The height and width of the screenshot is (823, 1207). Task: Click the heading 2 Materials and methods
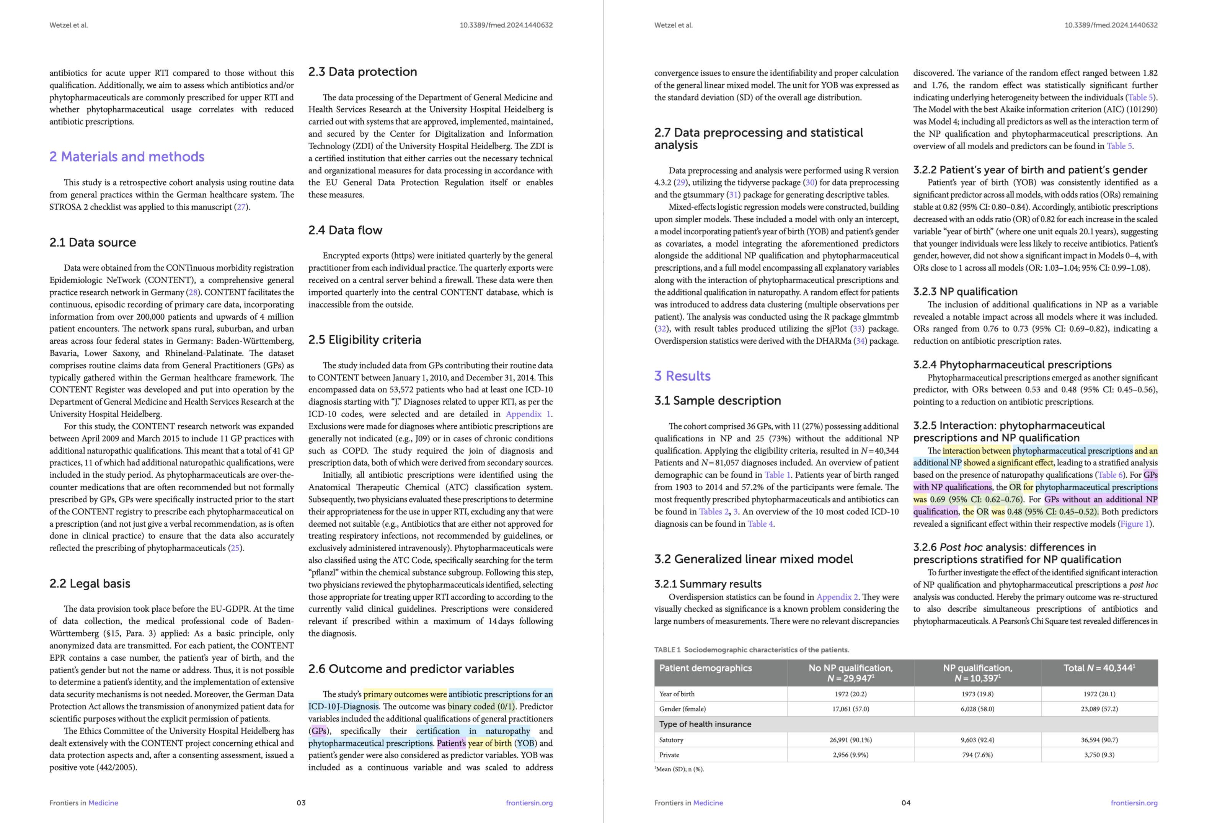point(127,157)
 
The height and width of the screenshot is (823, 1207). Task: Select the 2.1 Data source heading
point(93,243)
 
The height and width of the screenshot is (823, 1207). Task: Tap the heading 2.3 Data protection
point(362,72)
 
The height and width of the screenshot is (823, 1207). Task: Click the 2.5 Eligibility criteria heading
point(365,340)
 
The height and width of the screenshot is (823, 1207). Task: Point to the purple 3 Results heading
point(682,376)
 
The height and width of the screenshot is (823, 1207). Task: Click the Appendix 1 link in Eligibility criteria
point(528,414)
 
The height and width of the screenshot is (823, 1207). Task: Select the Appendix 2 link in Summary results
point(837,597)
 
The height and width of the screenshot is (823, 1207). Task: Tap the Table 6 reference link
point(1109,475)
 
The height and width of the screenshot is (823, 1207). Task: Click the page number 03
point(301,803)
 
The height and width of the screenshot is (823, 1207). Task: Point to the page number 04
point(906,803)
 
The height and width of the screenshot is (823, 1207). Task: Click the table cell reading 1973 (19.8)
point(977,694)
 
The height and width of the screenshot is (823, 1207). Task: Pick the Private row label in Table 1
point(669,755)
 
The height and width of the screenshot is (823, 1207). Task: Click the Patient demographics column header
point(705,668)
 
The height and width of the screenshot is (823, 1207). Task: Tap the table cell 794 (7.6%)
point(977,755)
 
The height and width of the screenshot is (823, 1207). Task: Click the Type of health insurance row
point(705,724)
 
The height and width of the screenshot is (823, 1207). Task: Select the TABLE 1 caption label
point(667,650)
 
